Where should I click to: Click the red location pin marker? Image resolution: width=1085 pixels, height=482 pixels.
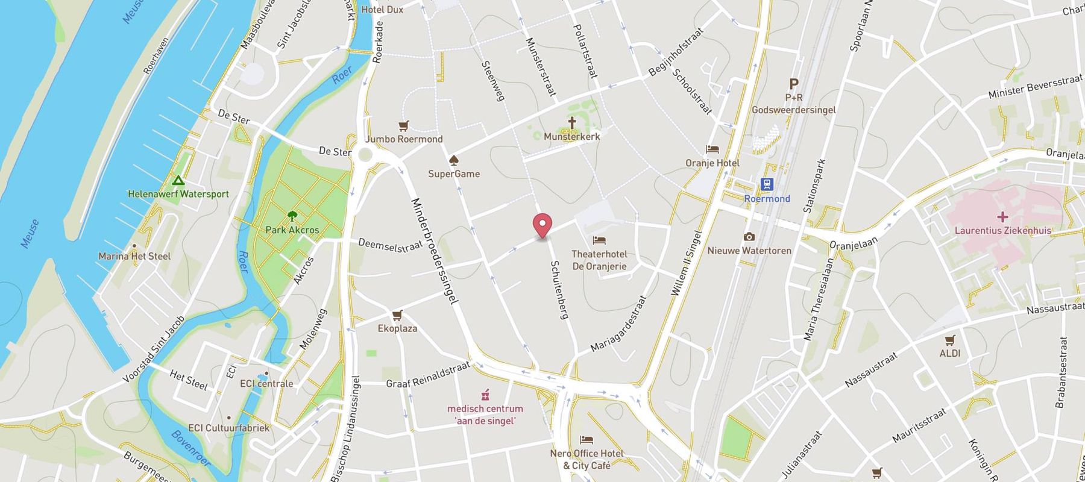(x=543, y=225)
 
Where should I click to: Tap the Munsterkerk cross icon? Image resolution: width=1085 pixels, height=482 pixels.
(x=571, y=123)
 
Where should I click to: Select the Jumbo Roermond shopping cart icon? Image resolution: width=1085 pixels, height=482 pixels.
(x=403, y=126)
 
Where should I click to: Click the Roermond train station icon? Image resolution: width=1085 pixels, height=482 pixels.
(x=767, y=184)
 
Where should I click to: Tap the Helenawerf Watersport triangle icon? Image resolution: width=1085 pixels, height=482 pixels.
(x=178, y=180)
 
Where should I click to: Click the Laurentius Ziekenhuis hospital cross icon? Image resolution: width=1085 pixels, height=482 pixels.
(x=1002, y=216)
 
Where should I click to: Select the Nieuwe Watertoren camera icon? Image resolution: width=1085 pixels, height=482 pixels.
(x=749, y=237)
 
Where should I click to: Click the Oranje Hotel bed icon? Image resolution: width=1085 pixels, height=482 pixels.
(x=712, y=149)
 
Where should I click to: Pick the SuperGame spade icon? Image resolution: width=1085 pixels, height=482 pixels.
(x=453, y=160)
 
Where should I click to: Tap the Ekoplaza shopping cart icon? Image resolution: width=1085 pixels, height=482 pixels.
(x=397, y=315)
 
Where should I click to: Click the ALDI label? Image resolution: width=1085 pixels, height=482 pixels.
(x=950, y=353)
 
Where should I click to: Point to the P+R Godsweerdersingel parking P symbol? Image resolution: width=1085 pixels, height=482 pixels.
(x=794, y=84)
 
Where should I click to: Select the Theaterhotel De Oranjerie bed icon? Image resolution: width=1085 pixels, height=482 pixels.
(x=599, y=240)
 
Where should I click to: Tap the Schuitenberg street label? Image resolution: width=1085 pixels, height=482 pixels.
(x=559, y=290)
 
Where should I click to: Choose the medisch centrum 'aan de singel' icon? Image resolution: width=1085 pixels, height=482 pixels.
(x=485, y=395)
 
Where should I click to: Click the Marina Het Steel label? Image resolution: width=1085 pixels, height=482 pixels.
(x=134, y=256)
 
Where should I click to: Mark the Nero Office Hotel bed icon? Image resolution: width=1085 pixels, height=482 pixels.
(x=587, y=440)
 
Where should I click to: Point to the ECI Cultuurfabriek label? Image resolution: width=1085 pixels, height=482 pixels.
(x=228, y=428)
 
